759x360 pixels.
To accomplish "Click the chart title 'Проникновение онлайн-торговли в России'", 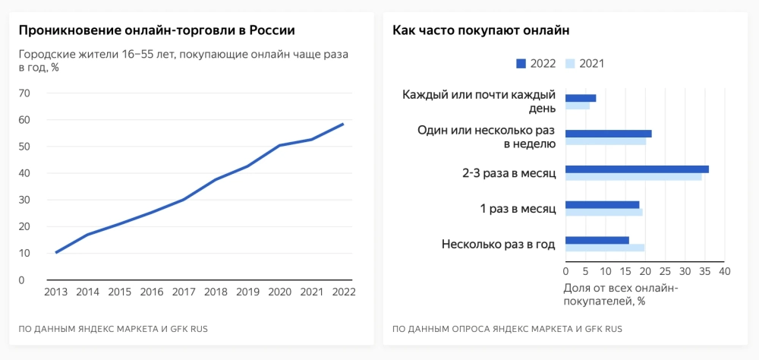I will click(x=156, y=30).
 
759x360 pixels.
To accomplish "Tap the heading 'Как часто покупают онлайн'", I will click(x=481, y=30).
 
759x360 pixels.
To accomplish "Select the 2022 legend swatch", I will click(x=521, y=64).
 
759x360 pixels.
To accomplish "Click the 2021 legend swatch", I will click(x=571, y=64).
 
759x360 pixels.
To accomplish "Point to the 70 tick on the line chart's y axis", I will click(x=23, y=93).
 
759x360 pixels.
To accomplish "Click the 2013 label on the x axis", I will click(x=56, y=292).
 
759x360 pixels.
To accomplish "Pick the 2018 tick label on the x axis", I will click(x=216, y=292).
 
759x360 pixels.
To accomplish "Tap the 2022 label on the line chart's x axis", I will click(x=344, y=292).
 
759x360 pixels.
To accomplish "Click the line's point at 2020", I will click(x=280, y=145).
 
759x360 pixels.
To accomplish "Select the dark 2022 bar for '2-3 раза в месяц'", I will click(x=637, y=169).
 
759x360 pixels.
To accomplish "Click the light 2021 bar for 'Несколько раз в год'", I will click(x=605, y=248).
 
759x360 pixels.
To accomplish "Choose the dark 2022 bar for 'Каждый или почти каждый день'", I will click(x=581, y=98).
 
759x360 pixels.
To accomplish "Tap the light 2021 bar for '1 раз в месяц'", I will click(x=603, y=212).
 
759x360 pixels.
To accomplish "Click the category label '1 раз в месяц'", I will click(x=518, y=208).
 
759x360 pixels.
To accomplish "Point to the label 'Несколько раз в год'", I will click(x=498, y=244).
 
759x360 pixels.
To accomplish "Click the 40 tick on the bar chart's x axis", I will click(x=724, y=271).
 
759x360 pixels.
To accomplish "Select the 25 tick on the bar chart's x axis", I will click(x=665, y=271).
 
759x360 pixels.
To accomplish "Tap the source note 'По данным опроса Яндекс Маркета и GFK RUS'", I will click(x=507, y=329).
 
